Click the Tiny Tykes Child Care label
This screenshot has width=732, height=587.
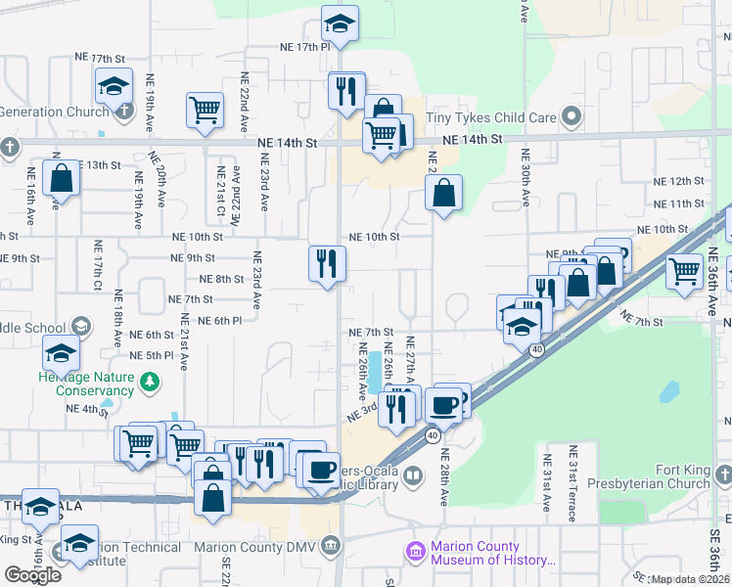tap(491, 118)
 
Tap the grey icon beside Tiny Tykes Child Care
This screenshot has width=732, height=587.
tap(572, 119)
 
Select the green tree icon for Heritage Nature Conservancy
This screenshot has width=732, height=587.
tap(150, 379)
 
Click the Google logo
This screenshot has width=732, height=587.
tap(32, 574)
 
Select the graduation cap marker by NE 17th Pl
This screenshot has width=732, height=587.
tap(341, 23)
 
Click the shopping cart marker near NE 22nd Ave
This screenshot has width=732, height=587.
tap(206, 112)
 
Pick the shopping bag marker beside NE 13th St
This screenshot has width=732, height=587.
tap(61, 180)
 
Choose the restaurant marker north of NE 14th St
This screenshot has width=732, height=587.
tap(346, 91)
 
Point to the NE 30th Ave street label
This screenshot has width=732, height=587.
tap(526, 177)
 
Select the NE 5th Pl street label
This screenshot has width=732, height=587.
tap(151, 355)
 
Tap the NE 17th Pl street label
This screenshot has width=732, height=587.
tap(295, 47)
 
